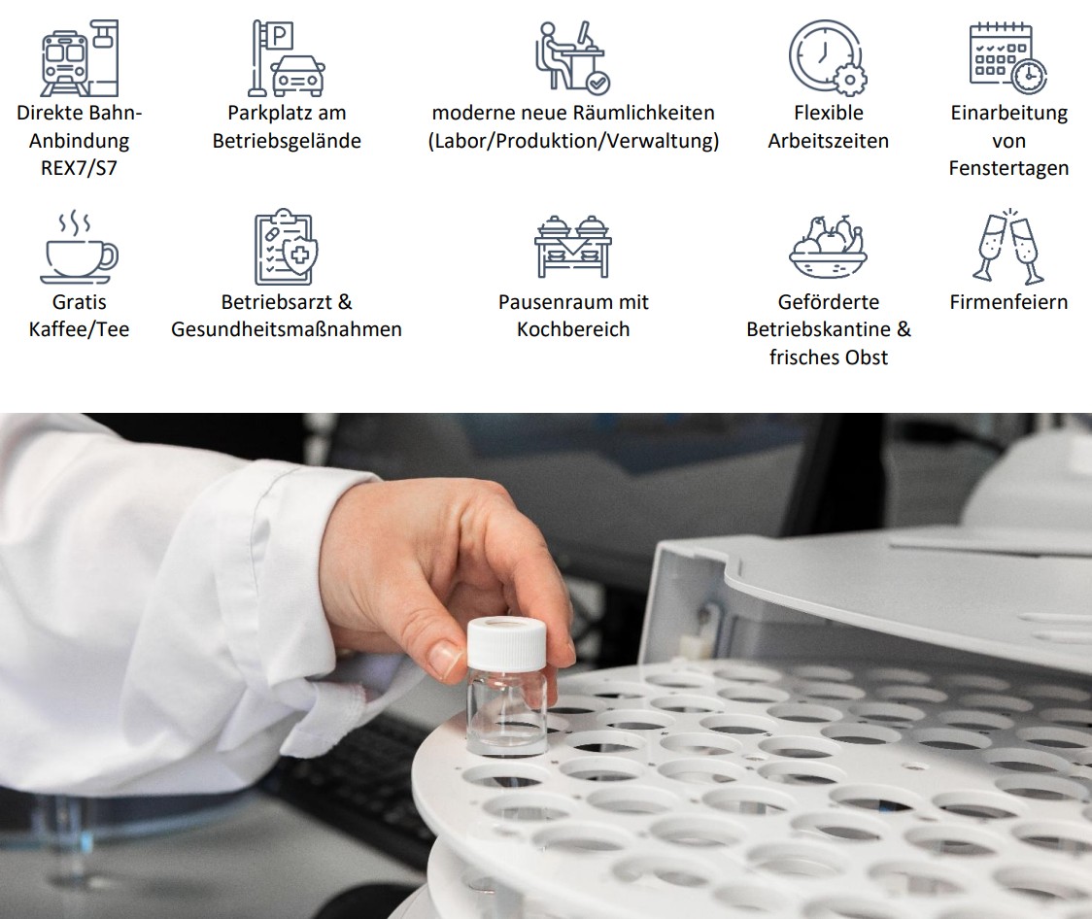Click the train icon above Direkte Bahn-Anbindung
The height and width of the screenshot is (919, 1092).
pos(80,57)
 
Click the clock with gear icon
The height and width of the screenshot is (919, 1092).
pos(828,57)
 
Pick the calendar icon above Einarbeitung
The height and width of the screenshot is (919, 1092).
pos(1008,57)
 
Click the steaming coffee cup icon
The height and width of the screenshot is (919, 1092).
pos(79,247)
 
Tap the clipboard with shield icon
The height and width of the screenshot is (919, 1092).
pos(287,247)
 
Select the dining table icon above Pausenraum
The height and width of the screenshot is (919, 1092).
pos(572,247)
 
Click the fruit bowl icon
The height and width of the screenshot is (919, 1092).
pos(828,247)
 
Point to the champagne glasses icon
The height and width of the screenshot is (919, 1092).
pos(1008,246)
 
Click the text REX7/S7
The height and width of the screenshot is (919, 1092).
pos(79,168)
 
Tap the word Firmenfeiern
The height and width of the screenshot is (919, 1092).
pos(1008,302)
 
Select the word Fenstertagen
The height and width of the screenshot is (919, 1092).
pos(1008,168)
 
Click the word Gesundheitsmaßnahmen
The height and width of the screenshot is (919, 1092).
pos(287,329)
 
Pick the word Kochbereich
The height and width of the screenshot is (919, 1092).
pos(573,329)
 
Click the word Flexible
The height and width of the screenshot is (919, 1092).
pos(828,113)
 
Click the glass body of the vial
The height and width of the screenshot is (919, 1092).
pos(507,716)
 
